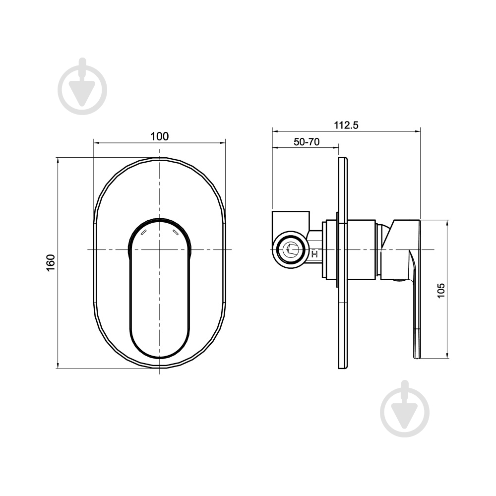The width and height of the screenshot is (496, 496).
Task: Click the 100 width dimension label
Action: (159, 136)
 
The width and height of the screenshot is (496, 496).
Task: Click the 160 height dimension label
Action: (51, 263)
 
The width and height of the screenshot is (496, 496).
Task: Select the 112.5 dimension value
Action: (346, 125)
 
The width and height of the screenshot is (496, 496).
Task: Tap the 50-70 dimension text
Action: (306, 141)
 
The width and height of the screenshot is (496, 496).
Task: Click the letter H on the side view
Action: (314, 254)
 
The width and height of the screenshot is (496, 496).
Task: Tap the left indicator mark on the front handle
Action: (144, 232)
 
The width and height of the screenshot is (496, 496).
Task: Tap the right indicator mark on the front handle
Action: (176, 232)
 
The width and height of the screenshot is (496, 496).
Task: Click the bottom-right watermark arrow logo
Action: (405, 412)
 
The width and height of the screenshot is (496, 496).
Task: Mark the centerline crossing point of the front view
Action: (160, 249)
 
